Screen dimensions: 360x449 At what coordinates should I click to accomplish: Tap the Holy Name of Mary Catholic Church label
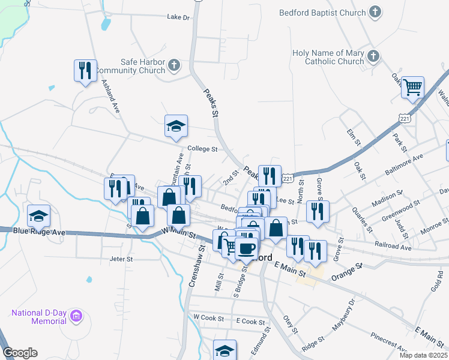click(328, 57)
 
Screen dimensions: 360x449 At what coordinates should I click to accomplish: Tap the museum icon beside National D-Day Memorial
click(76, 316)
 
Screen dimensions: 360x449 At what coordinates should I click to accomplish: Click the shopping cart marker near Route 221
click(413, 88)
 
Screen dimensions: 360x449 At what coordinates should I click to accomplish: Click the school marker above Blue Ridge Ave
click(39, 215)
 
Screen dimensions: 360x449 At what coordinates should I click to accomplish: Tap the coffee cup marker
click(247, 248)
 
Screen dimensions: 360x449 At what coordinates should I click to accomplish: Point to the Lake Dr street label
click(178, 17)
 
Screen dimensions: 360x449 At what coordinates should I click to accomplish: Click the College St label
click(201, 149)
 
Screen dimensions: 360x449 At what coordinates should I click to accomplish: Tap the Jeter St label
click(121, 259)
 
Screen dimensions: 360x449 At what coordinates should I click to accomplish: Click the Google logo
click(20, 353)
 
